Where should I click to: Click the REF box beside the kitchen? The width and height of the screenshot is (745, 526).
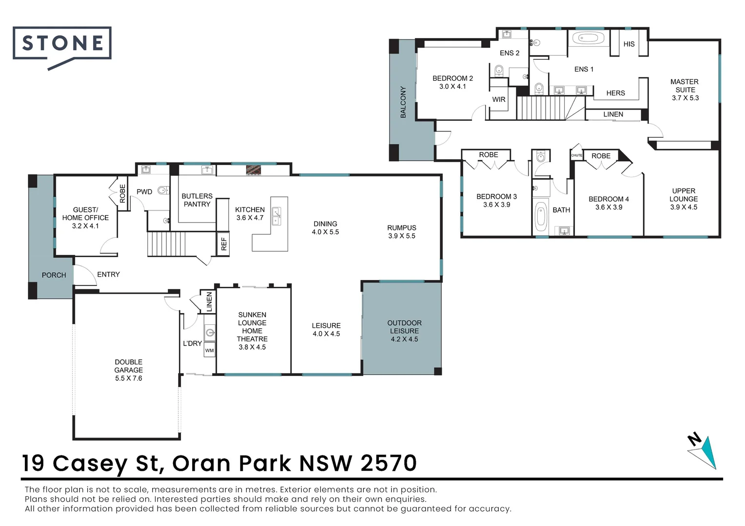tap(223, 244)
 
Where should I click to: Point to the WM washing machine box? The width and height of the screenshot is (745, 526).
tap(209, 350)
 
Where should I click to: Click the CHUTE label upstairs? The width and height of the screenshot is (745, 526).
tap(576, 155)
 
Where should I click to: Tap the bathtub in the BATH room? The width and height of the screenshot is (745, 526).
tap(540, 217)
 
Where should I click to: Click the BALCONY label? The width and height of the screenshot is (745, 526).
tap(403, 102)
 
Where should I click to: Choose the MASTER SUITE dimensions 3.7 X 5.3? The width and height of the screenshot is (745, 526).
tap(685, 98)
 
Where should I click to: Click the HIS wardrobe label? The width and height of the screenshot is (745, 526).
tap(629, 44)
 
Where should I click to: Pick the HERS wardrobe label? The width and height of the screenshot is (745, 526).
tap(615, 93)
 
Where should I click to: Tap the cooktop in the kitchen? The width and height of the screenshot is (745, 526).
tap(254, 169)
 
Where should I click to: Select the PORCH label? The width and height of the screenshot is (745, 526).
tap(54, 275)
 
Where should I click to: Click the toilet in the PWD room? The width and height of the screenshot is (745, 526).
tap(163, 190)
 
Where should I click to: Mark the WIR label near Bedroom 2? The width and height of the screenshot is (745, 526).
tap(499, 99)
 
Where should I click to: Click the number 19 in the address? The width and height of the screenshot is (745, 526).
tap(33, 463)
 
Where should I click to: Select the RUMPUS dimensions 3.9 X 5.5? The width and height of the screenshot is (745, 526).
tap(402, 236)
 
